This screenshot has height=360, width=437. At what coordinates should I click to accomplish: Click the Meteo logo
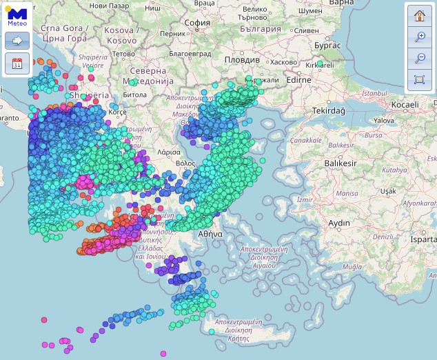[x=17, y=16]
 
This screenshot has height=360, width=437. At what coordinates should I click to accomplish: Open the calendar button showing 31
[x=17, y=64]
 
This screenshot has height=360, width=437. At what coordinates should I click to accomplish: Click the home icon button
[x=419, y=16]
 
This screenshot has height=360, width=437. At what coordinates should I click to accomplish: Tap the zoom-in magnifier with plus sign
[x=419, y=37]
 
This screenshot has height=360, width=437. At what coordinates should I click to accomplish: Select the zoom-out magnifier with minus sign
[x=419, y=59]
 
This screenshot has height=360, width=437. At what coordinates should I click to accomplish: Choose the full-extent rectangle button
[x=419, y=80]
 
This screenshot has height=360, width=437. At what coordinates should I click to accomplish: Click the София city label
[x=197, y=23]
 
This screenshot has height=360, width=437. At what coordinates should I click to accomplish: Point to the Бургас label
[x=327, y=45]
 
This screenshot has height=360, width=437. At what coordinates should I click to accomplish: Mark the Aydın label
[x=338, y=223]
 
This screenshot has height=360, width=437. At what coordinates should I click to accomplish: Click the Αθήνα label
[x=210, y=234]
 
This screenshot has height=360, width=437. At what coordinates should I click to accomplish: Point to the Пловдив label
[x=242, y=60]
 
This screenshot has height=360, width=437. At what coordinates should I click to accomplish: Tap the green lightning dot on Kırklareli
[x=319, y=65]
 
